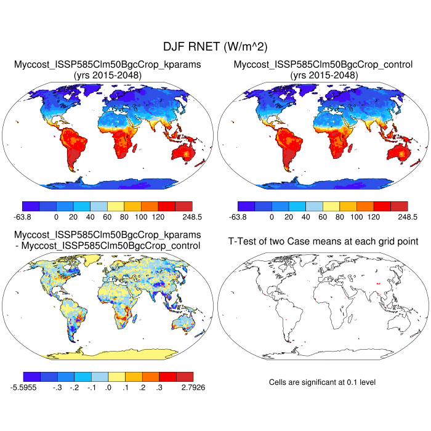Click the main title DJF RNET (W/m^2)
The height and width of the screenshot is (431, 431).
(215, 46)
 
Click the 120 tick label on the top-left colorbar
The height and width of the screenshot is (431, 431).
(158, 217)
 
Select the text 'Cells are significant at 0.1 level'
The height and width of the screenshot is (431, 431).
(322, 382)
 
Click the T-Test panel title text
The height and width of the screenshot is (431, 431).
(323, 241)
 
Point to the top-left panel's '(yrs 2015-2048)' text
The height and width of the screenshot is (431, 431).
(108, 75)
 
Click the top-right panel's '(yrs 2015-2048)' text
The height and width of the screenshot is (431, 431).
(323, 75)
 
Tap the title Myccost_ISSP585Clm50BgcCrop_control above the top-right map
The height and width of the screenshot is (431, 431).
(323, 65)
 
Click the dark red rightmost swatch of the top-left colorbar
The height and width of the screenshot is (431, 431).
(183, 206)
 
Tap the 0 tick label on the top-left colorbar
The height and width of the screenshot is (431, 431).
(56, 217)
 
